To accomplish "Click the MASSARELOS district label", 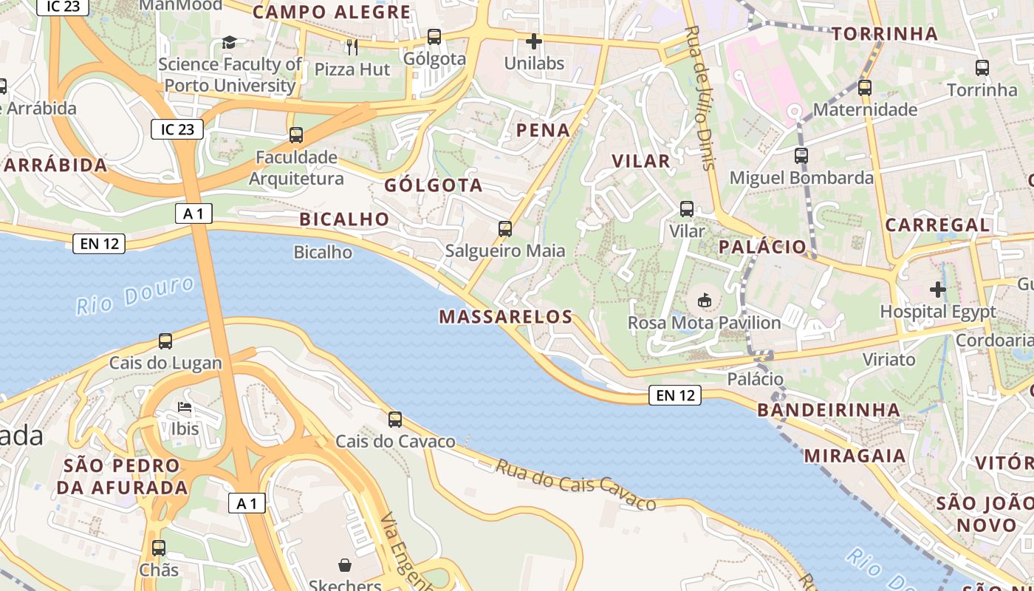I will tap(506, 317).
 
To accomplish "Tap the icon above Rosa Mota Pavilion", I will tap(705, 301).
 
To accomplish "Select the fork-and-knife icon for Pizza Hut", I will tap(352, 47).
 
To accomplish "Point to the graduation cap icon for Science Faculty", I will tap(229, 43).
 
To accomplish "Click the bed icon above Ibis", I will tap(185, 407).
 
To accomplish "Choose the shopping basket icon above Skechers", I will tap(344, 565).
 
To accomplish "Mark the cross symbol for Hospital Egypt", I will tap(938, 289).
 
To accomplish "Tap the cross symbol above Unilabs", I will tap(533, 41).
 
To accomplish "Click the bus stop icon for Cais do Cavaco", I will tap(395, 420).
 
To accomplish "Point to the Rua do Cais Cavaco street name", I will tap(575, 485).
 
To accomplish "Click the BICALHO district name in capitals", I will tap(344, 219).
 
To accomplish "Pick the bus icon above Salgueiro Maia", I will tap(505, 229).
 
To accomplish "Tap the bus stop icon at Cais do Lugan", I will tap(165, 341).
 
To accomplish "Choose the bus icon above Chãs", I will tap(159, 548).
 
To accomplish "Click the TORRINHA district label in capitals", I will tap(885, 34).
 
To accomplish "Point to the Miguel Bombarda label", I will tap(801, 178).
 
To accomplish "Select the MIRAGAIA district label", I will tap(855, 456).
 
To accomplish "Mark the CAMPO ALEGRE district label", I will tap(332, 13).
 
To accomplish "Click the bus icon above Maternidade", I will tap(865, 88).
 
